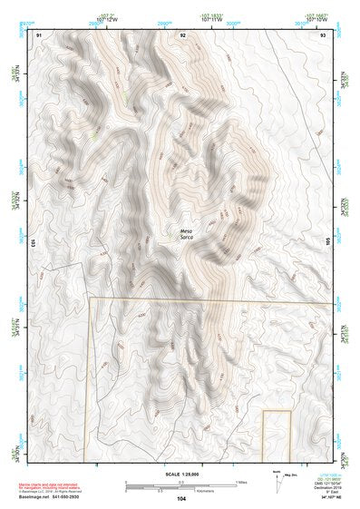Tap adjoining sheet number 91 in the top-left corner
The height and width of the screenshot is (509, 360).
[39, 34]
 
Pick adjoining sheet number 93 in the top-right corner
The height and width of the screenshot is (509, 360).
[323, 34]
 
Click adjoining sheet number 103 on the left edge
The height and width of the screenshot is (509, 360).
[33, 243]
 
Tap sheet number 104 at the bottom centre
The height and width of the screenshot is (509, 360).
[181, 500]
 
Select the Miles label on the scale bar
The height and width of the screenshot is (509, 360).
[242, 482]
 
